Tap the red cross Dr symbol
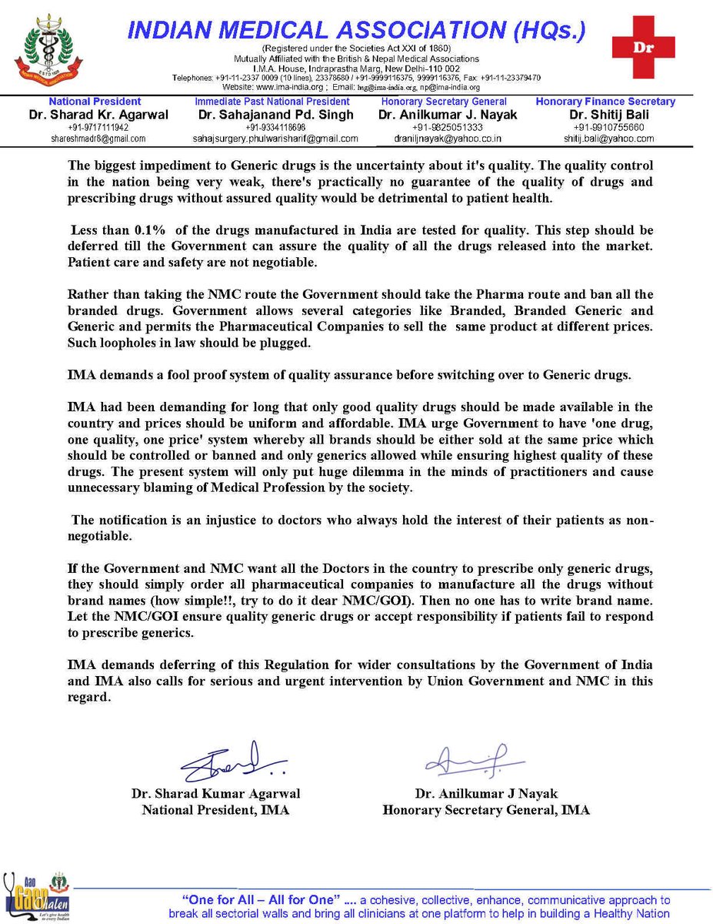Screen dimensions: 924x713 pyautogui.click(x=642, y=46)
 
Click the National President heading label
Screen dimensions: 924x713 pyautogui.click(x=95, y=102)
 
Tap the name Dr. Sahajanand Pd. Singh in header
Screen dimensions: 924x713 pyautogui.click(x=275, y=115)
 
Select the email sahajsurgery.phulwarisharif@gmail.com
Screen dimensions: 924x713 pyautogui.click(x=275, y=139)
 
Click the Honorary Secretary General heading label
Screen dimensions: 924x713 pyautogui.click(x=444, y=102)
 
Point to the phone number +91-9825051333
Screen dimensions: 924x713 pyautogui.click(x=446, y=128)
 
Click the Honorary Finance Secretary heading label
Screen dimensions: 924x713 pyautogui.click(x=605, y=102)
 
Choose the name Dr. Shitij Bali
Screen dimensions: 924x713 pyautogui.click(x=605, y=115)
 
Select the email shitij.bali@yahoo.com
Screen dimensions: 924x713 pyautogui.click(x=605, y=139)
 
